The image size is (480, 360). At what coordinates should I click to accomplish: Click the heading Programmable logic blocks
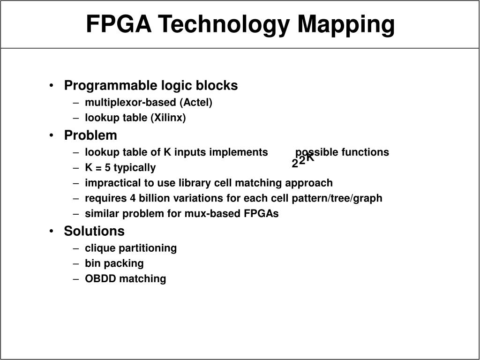pos(151,86)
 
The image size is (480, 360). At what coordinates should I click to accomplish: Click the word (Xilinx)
pos(168,118)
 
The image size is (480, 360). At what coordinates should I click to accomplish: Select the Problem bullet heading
pos(90,135)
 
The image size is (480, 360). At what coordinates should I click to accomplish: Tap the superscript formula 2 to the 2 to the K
pos(302,161)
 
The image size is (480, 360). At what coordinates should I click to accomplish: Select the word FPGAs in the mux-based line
pos(262,214)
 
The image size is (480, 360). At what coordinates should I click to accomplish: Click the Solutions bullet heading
pos(94,231)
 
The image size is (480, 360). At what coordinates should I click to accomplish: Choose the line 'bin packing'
pos(114,263)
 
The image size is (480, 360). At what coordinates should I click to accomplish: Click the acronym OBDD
pos(100,279)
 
